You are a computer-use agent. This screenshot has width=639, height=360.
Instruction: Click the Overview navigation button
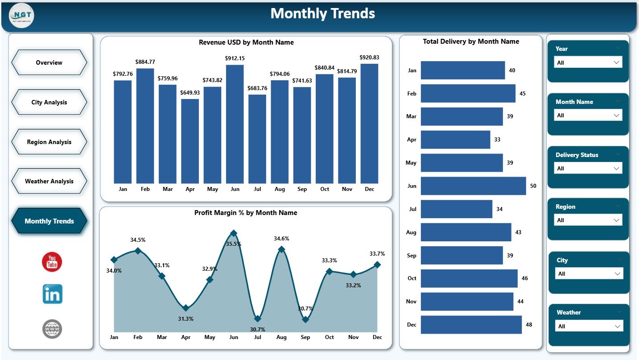49,62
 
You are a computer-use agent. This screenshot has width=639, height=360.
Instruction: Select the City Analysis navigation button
49,102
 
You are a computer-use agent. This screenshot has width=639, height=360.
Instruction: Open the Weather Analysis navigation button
49,181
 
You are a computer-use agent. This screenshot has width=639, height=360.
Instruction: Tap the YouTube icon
52,262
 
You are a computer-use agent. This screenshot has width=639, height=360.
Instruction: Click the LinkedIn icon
52,294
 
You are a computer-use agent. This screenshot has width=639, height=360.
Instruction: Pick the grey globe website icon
52,329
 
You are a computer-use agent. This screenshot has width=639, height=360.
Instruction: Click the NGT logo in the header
21,15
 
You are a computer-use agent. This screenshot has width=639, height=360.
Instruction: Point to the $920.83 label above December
369,57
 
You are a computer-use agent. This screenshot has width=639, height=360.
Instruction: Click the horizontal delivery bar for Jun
473,186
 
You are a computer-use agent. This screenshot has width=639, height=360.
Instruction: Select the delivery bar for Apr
455,139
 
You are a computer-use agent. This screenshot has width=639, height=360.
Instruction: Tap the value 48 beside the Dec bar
529,325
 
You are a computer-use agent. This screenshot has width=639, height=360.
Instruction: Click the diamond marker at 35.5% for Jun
234,233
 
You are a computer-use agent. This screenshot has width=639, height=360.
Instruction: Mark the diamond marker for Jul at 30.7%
257,319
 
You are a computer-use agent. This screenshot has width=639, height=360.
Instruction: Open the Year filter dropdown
588,62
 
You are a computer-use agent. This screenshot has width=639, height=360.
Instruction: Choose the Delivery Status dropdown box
588,168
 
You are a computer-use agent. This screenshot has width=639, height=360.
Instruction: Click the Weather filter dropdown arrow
618,326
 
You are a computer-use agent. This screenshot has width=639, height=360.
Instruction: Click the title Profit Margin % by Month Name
246,213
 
